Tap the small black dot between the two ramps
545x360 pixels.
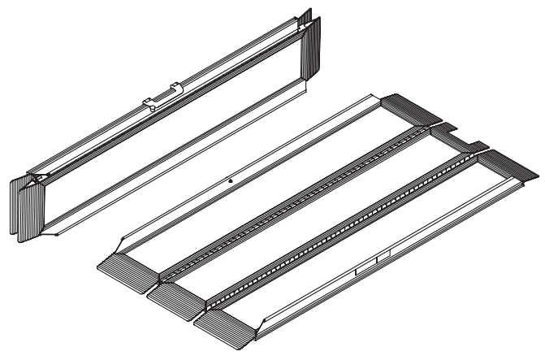point(231,180)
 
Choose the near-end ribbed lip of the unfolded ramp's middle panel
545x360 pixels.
point(174,292)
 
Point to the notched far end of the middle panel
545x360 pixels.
point(459,135)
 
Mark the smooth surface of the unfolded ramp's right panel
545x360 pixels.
point(382,236)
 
